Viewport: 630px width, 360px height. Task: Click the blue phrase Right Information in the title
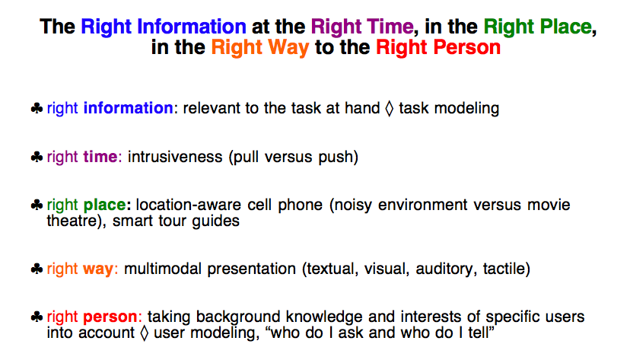[164, 27]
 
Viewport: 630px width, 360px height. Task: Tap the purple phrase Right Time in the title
[362, 27]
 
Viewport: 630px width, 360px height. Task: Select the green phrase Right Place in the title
[538, 27]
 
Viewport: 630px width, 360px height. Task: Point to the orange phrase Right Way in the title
[260, 48]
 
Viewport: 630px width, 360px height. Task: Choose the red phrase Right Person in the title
[438, 47]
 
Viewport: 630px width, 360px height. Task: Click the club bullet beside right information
[37, 109]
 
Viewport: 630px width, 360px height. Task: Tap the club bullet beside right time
[37, 157]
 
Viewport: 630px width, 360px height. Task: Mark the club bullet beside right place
[37, 205]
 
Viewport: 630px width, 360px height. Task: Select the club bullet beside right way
[37, 269]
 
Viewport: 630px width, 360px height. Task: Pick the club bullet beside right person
[37, 317]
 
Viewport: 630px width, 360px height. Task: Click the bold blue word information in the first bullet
[128, 108]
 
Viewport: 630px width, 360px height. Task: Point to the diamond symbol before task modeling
[389, 109]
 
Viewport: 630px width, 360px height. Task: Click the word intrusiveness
[175, 157]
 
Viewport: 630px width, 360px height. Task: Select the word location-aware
[189, 205]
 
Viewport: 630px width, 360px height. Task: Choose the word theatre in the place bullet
[72, 221]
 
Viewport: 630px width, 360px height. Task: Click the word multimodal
[163, 269]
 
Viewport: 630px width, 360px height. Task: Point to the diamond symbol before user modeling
[144, 333]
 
